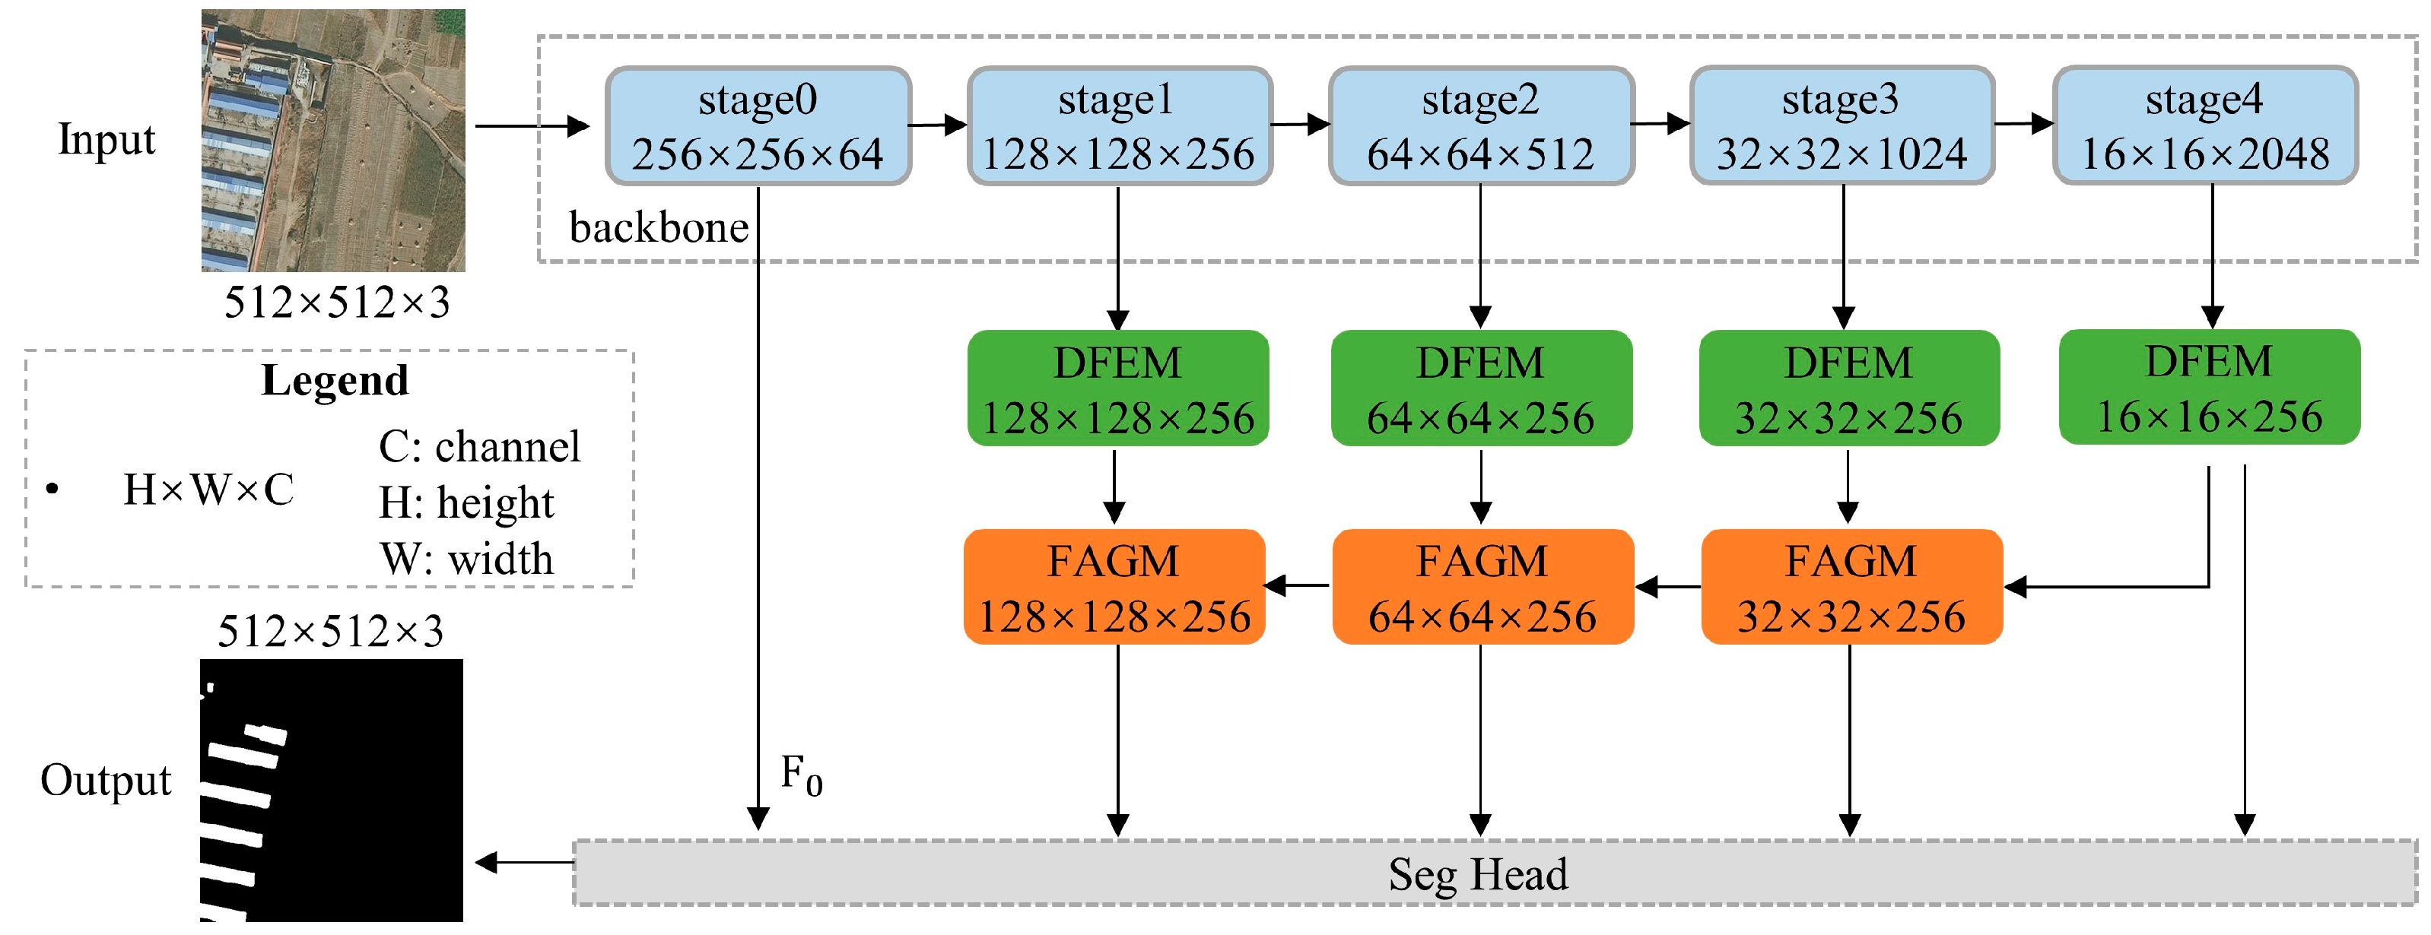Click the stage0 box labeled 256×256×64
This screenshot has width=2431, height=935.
point(758,126)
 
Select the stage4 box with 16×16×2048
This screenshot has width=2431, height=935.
point(2204,126)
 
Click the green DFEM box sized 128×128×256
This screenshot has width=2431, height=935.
point(1117,388)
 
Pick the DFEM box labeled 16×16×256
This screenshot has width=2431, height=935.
point(2208,388)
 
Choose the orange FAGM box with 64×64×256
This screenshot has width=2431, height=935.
point(1482,588)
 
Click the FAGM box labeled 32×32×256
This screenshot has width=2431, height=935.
point(1851,588)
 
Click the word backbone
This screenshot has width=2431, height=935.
point(659,228)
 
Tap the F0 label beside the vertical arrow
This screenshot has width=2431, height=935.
point(801,775)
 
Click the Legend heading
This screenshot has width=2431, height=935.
point(334,381)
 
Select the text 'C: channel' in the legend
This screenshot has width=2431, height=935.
point(479,446)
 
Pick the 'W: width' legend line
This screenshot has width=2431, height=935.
point(466,559)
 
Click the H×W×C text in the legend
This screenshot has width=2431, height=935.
point(208,490)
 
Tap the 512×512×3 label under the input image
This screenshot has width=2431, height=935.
point(337,303)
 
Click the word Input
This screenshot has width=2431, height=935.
point(106,140)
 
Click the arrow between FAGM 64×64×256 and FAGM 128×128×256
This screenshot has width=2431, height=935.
point(1298,587)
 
